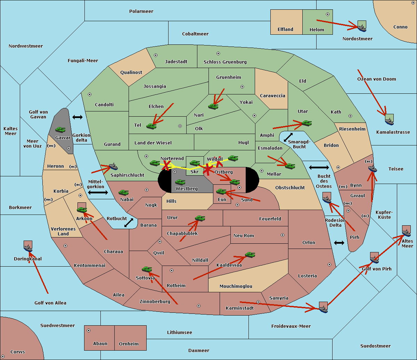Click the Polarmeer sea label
coord(141,11)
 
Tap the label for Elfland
coord(285,30)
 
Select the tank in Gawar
coord(60,129)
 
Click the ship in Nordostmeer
coord(362,27)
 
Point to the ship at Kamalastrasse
coord(390,120)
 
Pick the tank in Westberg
coord(180,182)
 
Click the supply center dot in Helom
coord(327,14)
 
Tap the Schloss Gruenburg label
coord(225,62)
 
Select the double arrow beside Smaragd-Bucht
coord(288,137)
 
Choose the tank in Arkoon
coord(82,210)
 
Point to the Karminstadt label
coord(240,308)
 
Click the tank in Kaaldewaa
coord(250,255)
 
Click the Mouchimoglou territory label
coord(236,286)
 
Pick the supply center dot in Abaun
coord(89,330)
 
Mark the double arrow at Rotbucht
coord(129,223)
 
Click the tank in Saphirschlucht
coord(113,166)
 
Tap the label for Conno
coord(400,27)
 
